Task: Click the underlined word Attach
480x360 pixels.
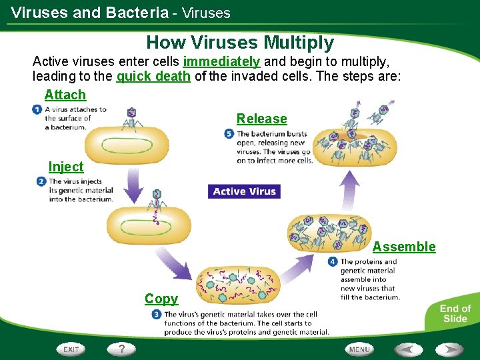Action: pos(65,95)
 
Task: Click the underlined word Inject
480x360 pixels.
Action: pos(66,167)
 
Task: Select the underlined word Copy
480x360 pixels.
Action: pos(161,299)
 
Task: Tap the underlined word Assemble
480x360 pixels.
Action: pos(404,247)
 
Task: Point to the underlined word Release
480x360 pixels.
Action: pos(261,119)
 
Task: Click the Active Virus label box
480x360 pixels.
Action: pos(244,191)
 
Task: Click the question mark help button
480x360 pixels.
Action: pos(122,349)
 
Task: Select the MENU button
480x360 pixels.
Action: pos(359,349)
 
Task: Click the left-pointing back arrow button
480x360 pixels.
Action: pos(408,349)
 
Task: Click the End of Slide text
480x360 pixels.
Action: pos(455,313)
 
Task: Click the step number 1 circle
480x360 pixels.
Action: pos(36,109)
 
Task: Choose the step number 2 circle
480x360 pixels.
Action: pos(41,181)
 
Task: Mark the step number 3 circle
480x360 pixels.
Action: pos(156,315)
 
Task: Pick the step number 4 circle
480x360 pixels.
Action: pos(333,262)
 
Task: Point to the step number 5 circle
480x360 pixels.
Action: pos(229,134)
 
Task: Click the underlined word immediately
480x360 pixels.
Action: pos(221,61)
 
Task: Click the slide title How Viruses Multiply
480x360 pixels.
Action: pos(240,43)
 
